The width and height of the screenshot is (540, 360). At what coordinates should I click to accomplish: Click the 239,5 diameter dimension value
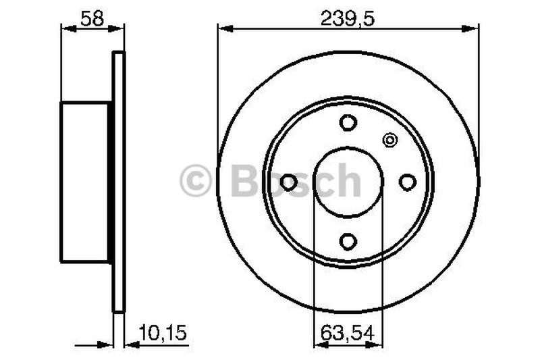pos(347,18)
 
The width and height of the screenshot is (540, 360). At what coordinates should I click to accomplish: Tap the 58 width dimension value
pos(92,18)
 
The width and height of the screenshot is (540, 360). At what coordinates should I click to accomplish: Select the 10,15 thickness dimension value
pos(162,332)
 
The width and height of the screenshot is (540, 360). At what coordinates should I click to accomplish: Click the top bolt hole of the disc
pos(348,123)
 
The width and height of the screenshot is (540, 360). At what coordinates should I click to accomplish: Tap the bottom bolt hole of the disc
pos(348,241)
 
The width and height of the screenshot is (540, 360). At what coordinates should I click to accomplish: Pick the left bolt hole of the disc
pos(289,182)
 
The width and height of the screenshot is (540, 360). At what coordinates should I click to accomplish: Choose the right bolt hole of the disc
pos(407,182)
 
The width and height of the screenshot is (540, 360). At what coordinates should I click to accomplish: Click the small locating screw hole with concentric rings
pos(389,140)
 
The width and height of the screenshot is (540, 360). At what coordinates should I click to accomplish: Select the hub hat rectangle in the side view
pos(86,182)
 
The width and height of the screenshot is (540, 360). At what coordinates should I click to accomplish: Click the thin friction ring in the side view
pos(119,182)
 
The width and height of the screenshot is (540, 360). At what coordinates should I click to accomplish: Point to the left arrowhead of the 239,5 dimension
pos(222,28)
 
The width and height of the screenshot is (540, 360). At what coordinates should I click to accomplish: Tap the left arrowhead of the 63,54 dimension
pos(319,344)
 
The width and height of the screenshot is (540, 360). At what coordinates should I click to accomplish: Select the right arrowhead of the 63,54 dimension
pos(377,344)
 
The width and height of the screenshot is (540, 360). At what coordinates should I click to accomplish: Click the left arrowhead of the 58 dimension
pos(65,28)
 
